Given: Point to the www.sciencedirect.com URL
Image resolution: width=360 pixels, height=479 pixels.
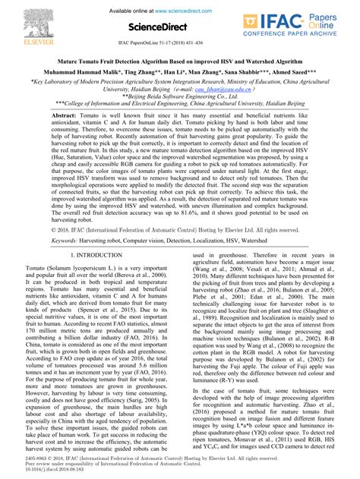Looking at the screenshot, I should tap(195, 8).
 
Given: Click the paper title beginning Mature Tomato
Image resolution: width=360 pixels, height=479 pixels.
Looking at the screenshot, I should tap(180, 59).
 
